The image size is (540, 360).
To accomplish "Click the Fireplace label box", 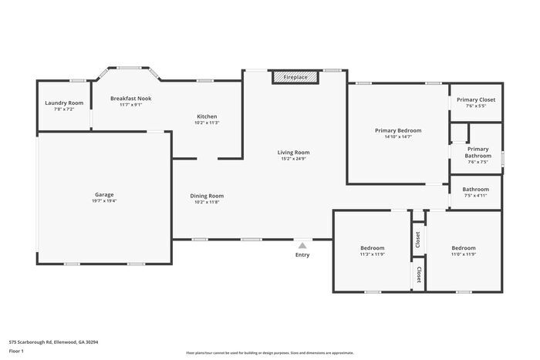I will (x=295, y=78).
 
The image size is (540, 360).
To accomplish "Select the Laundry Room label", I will (x=64, y=103).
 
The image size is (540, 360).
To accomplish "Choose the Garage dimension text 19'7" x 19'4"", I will (x=104, y=200).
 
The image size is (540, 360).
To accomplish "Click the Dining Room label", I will (x=207, y=196).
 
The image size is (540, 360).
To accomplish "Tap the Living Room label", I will (x=293, y=153).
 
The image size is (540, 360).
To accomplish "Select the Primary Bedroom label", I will (x=397, y=130).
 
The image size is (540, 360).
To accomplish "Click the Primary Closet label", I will (x=476, y=99).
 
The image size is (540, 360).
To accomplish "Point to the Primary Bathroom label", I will (x=478, y=153).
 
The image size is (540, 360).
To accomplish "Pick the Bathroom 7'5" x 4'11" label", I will (x=475, y=190).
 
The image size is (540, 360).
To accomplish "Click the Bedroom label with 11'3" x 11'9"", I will (x=372, y=248).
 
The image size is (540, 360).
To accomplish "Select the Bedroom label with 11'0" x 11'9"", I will (x=464, y=248).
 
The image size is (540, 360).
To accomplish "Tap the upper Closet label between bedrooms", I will (x=418, y=239).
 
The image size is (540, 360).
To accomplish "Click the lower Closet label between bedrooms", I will (x=418, y=274).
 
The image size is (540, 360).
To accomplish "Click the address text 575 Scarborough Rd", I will (x=53, y=341).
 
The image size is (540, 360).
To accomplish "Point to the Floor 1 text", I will (x=16, y=351).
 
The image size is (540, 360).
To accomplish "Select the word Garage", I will (x=104, y=195).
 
